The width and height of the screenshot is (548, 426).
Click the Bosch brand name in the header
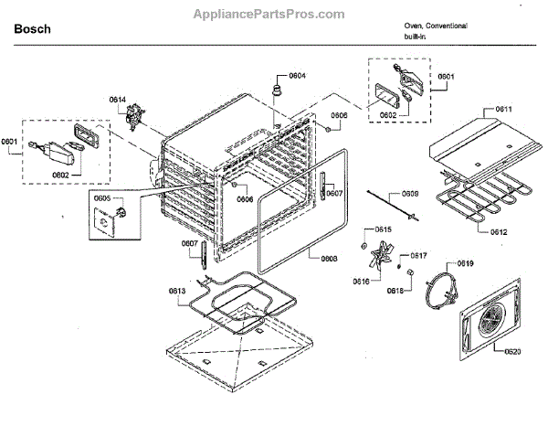point(33,29)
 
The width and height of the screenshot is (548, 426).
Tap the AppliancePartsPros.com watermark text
point(270,15)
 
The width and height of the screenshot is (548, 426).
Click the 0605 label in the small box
point(102,197)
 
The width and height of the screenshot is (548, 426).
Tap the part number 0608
point(329,258)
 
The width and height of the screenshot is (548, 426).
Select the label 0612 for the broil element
point(523,232)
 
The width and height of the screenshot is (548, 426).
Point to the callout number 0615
point(384,229)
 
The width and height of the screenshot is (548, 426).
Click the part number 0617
point(418,255)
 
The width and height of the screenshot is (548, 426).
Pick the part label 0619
point(465,263)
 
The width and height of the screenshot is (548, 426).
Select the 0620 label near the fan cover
point(512,350)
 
